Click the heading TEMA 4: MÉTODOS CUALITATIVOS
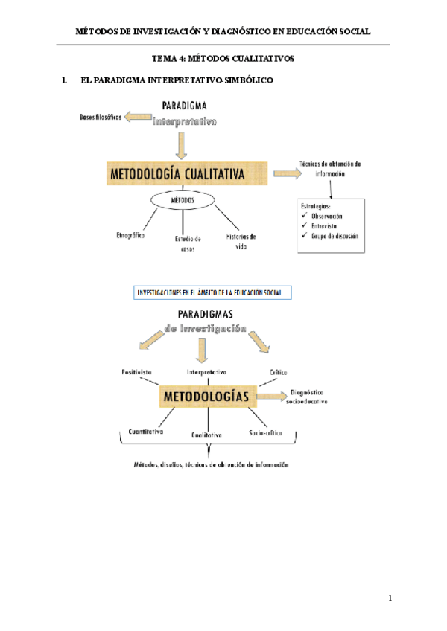(x=223, y=57)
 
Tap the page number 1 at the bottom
(x=389, y=598)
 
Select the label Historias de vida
(x=241, y=240)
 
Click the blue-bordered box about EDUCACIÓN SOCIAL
(x=212, y=292)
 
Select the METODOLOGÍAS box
(x=206, y=396)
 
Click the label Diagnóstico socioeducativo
(x=306, y=396)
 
